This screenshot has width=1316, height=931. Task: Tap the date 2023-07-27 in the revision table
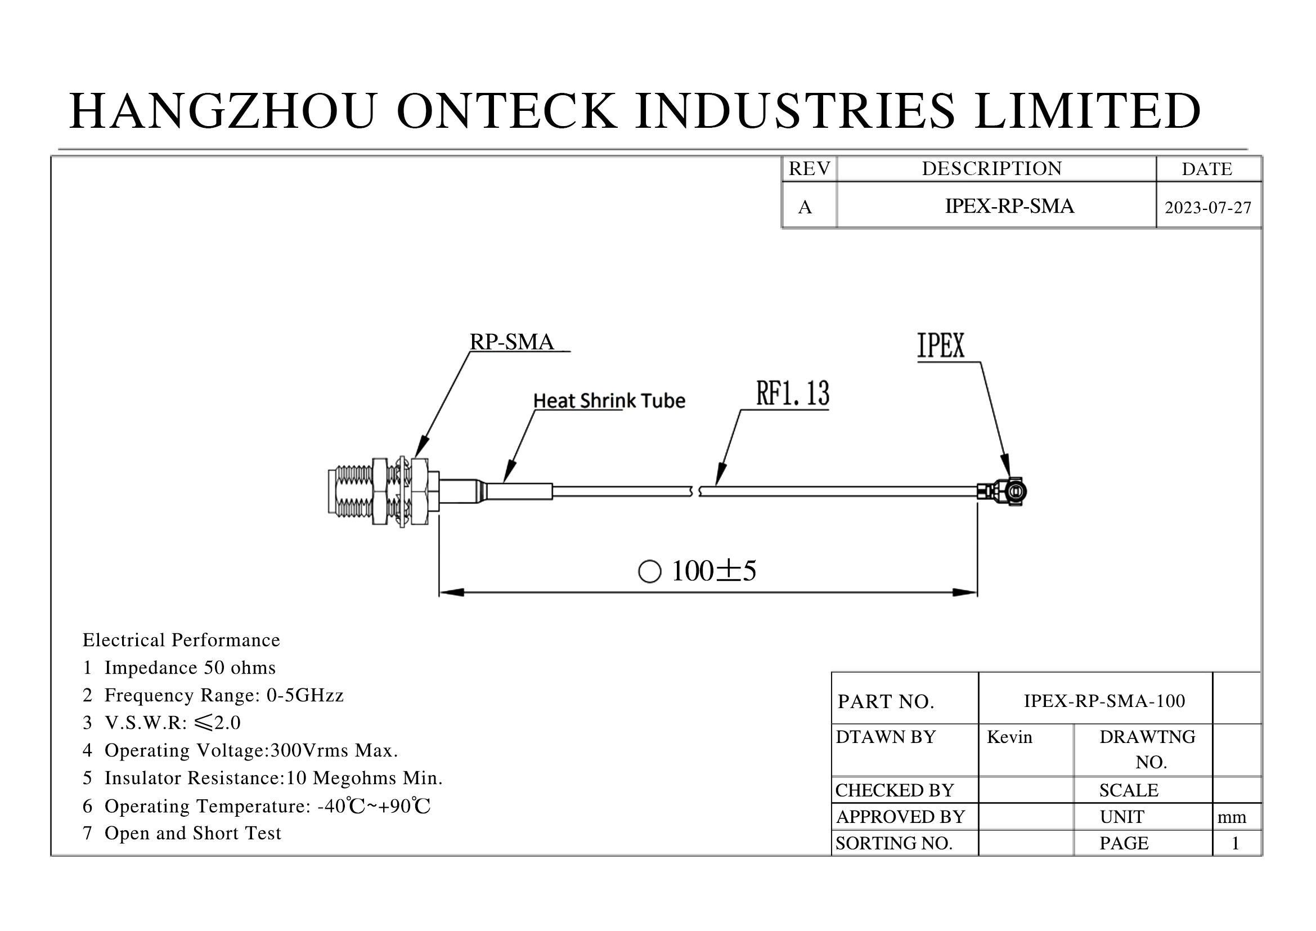pos(1208,208)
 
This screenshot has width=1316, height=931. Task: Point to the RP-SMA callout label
pos(512,342)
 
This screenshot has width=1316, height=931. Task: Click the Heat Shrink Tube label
pos(609,400)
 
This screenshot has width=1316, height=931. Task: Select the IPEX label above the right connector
pos(941,345)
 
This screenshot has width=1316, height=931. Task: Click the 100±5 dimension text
pos(713,571)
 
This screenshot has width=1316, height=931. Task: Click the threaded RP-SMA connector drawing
pos(384,491)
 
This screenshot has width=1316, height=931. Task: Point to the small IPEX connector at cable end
pos(1002,491)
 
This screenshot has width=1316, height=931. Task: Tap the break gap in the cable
pos(696,491)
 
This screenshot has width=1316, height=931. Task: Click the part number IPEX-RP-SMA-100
pos(1104,701)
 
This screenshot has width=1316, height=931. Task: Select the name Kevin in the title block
pos(1009,737)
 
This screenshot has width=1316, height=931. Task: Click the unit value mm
pos(1232,817)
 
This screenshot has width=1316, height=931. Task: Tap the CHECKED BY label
pos(894,790)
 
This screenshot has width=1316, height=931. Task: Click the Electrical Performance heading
pos(181,640)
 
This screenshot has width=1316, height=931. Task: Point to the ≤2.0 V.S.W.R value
pos(217,722)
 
